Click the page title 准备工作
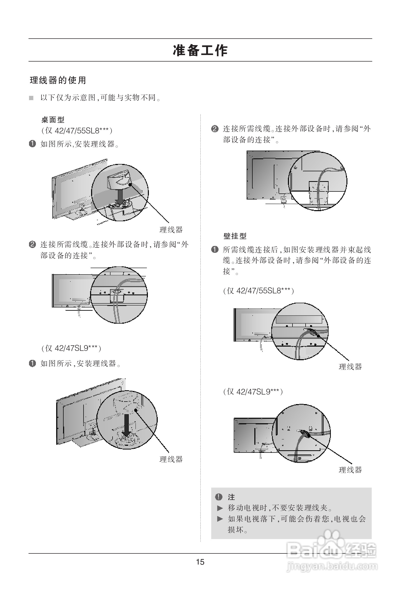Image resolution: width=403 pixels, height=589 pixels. coord(200,50)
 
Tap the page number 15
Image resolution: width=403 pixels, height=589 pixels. coord(200,562)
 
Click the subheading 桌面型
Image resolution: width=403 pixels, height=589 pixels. coord(53,120)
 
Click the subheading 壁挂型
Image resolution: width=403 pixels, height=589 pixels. coord(235,236)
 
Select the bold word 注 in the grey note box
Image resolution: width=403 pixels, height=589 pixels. coord(231,497)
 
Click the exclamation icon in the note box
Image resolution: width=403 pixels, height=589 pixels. coord(219,497)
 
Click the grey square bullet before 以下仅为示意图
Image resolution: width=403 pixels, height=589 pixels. coord(31,98)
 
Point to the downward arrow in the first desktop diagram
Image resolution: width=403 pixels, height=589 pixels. coord(120,197)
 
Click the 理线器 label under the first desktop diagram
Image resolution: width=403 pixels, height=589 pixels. coord(171,230)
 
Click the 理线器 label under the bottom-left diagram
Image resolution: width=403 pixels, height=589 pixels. coord(171,459)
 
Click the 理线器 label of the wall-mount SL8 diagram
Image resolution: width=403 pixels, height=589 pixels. coord(350,367)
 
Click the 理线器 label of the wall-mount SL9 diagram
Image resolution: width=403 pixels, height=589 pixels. coord(350,470)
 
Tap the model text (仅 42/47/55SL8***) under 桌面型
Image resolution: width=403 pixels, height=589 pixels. coord(77,130)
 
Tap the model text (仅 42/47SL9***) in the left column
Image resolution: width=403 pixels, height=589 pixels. coord(71,348)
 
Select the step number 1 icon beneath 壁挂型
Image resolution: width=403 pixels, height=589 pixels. coord(214,250)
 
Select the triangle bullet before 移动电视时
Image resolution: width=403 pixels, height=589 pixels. coord(220,508)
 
